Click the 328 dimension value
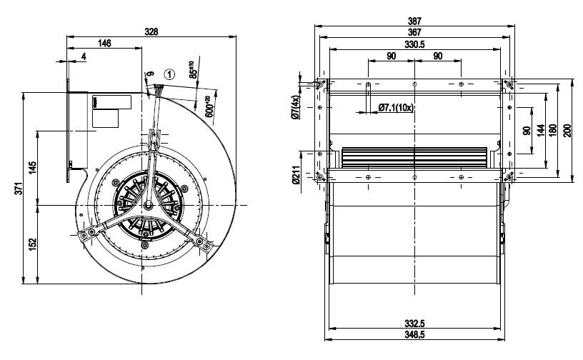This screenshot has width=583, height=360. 151,31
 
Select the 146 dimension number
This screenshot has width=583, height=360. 104,43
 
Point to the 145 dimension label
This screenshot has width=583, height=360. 33,168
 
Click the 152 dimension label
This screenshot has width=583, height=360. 33,244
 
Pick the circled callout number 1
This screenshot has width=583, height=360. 169,75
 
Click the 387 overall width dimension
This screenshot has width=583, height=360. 414,21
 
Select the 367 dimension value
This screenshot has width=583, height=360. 414,32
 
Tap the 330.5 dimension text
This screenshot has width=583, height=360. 414,44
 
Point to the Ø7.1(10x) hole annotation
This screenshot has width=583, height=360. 396,108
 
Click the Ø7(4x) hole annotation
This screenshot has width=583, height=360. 296,107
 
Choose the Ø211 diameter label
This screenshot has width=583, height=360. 296,176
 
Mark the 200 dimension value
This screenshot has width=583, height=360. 567,131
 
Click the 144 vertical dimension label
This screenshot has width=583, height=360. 541,131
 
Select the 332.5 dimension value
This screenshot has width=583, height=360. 414,324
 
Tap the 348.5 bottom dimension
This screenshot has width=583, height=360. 414,335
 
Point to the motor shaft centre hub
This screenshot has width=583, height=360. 149,204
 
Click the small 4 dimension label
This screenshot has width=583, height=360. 84,56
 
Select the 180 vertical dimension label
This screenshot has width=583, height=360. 552,131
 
